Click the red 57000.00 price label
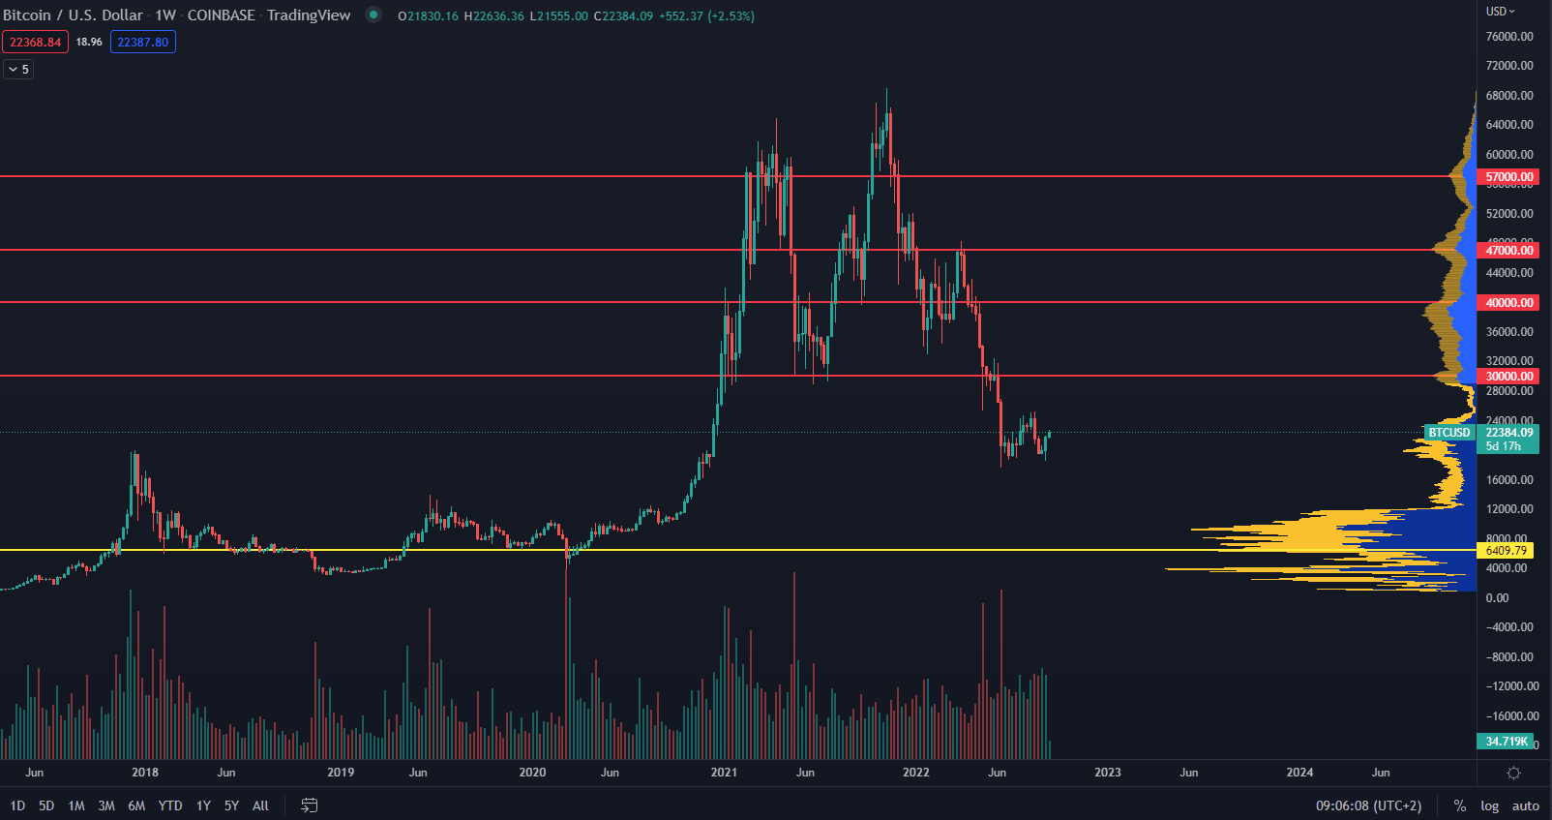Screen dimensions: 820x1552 pos(1509,177)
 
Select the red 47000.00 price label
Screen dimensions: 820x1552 pos(1509,251)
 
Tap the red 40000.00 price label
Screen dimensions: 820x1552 pos(1509,303)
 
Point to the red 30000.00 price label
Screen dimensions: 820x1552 pos(1509,377)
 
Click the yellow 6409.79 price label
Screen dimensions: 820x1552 pos(1506,551)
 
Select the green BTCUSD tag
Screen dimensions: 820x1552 pos(1448,433)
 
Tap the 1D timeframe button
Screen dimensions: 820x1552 pos(17,805)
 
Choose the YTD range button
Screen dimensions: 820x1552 pos(170,805)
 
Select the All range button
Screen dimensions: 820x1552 pos(260,805)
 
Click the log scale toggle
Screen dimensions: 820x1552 pos(1489,805)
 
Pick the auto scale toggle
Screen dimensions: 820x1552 pos(1526,805)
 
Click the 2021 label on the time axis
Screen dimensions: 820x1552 pos(724,773)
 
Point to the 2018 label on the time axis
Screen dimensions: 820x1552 pos(145,773)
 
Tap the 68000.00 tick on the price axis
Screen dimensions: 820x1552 pos(1509,96)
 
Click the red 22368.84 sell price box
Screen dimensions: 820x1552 pos(35,42)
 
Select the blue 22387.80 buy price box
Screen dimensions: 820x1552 pos(142,42)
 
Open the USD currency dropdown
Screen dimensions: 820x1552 pos(1501,12)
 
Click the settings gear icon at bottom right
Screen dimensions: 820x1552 pos(1514,773)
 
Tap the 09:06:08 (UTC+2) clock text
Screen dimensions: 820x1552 pos(1368,805)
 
